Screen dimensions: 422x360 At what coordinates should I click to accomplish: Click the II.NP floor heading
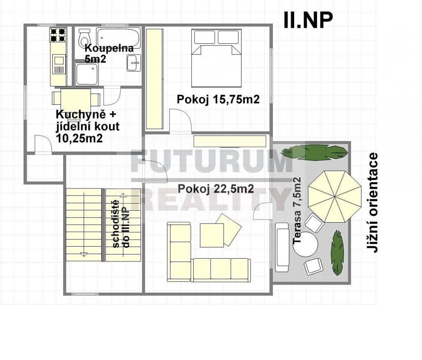click(x=308, y=20)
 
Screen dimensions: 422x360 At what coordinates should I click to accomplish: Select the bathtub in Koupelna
click(x=118, y=38)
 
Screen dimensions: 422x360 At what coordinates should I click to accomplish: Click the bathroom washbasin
click(x=134, y=63)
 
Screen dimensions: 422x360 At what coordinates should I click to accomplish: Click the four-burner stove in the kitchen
click(x=58, y=35)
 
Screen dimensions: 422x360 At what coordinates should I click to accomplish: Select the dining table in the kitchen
click(x=76, y=99)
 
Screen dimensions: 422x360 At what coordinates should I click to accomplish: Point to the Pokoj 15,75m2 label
click(x=218, y=99)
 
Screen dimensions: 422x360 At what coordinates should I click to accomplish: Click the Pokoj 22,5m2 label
click(x=216, y=189)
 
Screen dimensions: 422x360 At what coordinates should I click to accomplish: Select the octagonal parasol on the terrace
click(x=335, y=197)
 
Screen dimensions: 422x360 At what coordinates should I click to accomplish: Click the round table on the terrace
click(x=305, y=244)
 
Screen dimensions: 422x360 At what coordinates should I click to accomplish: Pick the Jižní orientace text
click(x=373, y=203)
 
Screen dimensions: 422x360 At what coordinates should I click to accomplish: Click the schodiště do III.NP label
click(x=121, y=224)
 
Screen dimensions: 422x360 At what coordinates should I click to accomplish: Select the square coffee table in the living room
click(x=212, y=235)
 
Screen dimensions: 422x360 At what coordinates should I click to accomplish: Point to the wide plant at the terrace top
click(x=314, y=153)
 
